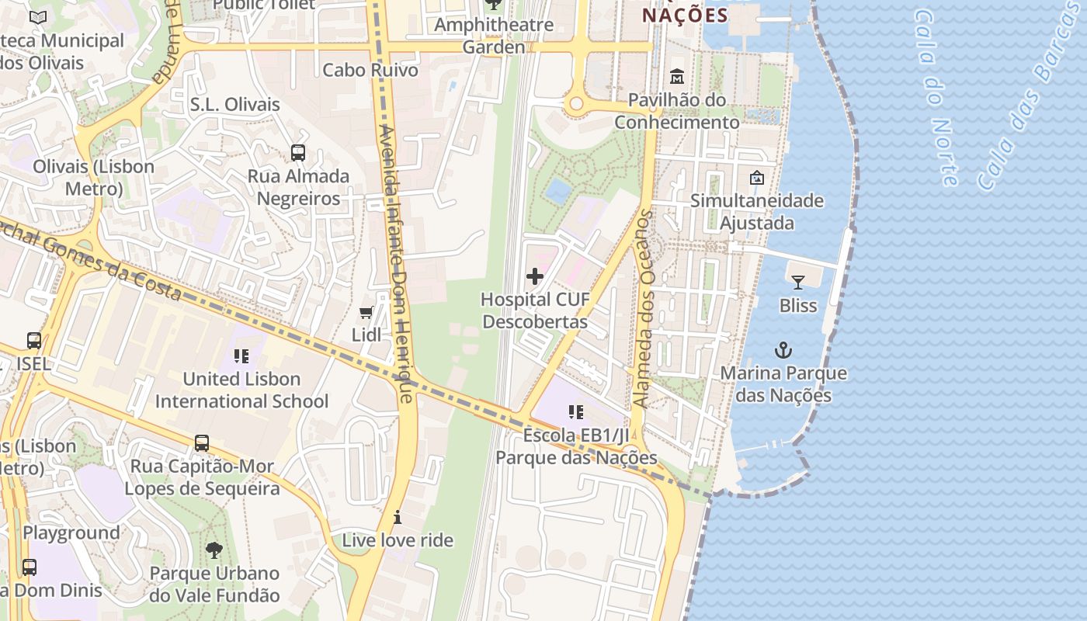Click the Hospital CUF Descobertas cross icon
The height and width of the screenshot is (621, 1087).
535,276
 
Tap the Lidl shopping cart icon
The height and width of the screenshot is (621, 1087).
366,312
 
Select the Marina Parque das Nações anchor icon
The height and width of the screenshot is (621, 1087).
783,350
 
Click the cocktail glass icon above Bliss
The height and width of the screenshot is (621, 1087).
798,283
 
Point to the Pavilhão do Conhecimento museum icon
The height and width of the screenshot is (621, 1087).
676,77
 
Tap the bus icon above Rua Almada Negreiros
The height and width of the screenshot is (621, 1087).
298,153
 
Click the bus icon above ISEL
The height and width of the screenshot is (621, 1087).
34,341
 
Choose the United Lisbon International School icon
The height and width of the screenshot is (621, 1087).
241,356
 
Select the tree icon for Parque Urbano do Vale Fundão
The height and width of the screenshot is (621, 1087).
214,551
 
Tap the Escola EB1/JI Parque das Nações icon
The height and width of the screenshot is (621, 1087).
576,412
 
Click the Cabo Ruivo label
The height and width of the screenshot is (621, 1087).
370,70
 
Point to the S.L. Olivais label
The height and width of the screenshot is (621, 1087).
234,104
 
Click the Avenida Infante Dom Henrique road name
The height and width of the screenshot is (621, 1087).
394,264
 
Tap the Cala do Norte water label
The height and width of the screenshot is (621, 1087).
936,97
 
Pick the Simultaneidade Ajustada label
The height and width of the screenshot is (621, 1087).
757,212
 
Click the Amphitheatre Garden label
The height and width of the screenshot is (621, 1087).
494,36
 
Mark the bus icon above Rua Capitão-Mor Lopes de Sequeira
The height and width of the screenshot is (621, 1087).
202,443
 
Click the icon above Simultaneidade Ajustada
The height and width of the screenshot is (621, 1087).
757,179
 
